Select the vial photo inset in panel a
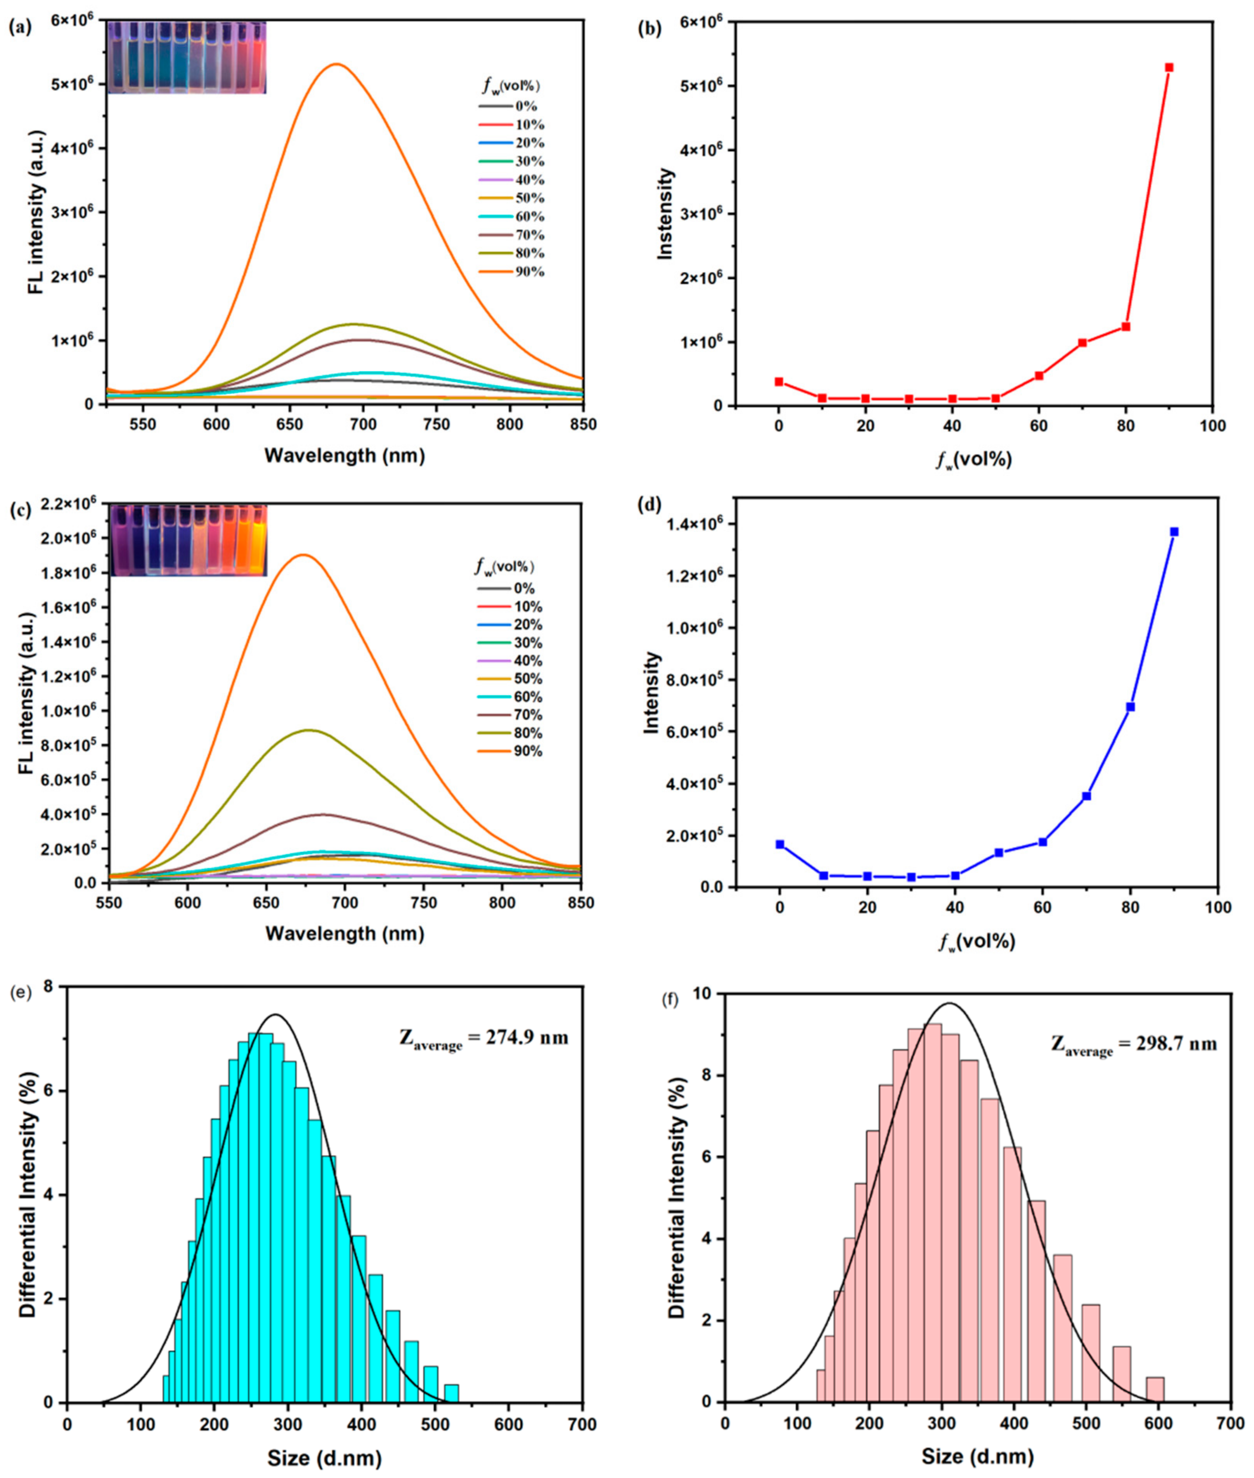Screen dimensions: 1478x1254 186,57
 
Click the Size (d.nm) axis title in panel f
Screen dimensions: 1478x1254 977,1457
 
